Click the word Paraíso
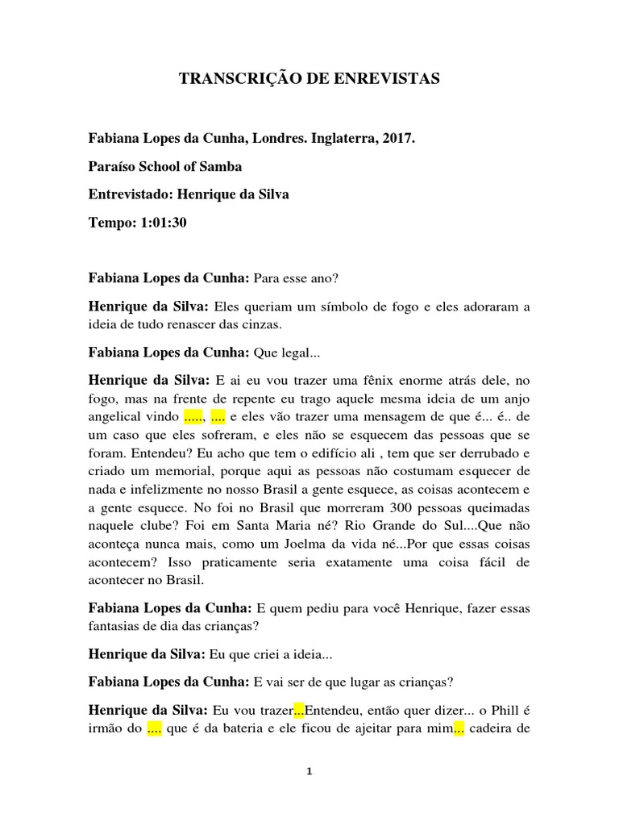(114, 166)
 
